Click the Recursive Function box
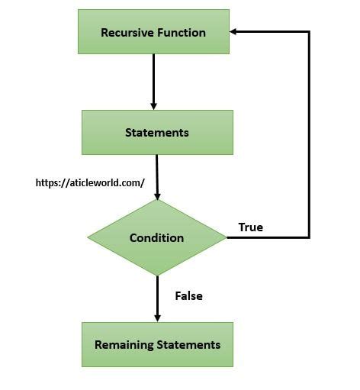[x=153, y=32]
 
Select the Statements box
[x=157, y=132]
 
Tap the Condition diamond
[x=156, y=237]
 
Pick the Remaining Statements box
[x=157, y=344]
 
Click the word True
[x=250, y=227]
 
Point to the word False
[x=188, y=295]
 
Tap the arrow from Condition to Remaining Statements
[x=157, y=298]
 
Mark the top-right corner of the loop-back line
[x=309, y=32]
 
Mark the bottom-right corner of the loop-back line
[x=309, y=237]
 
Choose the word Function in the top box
[x=181, y=32]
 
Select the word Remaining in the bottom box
[x=124, y=344]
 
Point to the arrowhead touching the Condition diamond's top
[x=157, y=195]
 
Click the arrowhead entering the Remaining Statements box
[x=157, y=317]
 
